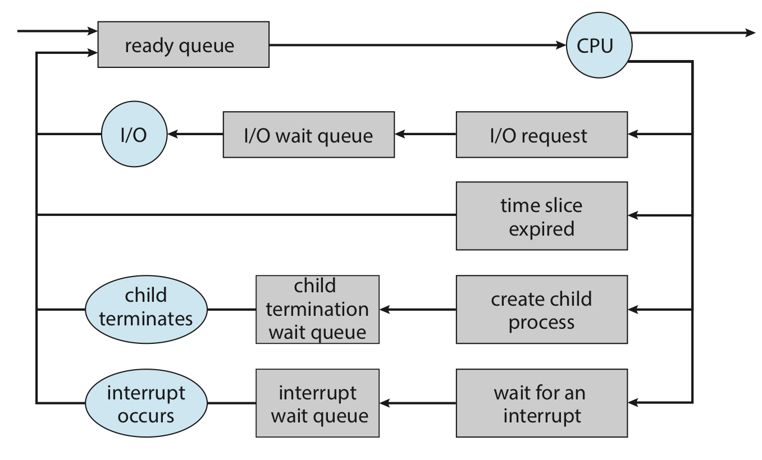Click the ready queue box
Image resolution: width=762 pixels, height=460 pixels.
[x=184, y=44]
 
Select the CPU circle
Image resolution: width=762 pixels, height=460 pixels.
[x=599, y=45]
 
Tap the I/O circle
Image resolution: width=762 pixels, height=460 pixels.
[x=134, y=134]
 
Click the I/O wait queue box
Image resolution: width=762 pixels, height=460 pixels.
[x=309, y=135]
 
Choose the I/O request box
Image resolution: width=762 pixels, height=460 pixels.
[x=542, y=135]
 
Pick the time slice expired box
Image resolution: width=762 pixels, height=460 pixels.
[x=542, y=216]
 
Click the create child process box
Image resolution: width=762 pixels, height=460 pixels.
[x=542, y=310]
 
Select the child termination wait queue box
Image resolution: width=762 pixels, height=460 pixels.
[x=317, y=310]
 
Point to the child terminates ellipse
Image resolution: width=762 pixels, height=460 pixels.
[x=146, y=310]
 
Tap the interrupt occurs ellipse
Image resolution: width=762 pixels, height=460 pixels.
[x=146, y=403]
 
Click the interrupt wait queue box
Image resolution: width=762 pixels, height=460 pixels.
[x=317, y=403]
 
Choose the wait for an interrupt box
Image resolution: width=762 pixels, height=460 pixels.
[x=542, y=403]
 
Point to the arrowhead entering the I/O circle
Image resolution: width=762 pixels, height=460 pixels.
[x=172, y=134]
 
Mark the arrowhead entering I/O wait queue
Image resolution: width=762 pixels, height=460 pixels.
[x=400, y=134]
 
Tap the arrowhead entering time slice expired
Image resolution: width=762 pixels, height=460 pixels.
[x=633, y=215]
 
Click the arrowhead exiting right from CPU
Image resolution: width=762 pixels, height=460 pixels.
[x=750, y=33]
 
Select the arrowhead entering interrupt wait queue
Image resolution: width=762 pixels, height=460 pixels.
[x=385, y=403]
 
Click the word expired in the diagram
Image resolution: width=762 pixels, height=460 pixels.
[x=542, y=229]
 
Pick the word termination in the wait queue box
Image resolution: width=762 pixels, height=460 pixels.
[x=317, y=310]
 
